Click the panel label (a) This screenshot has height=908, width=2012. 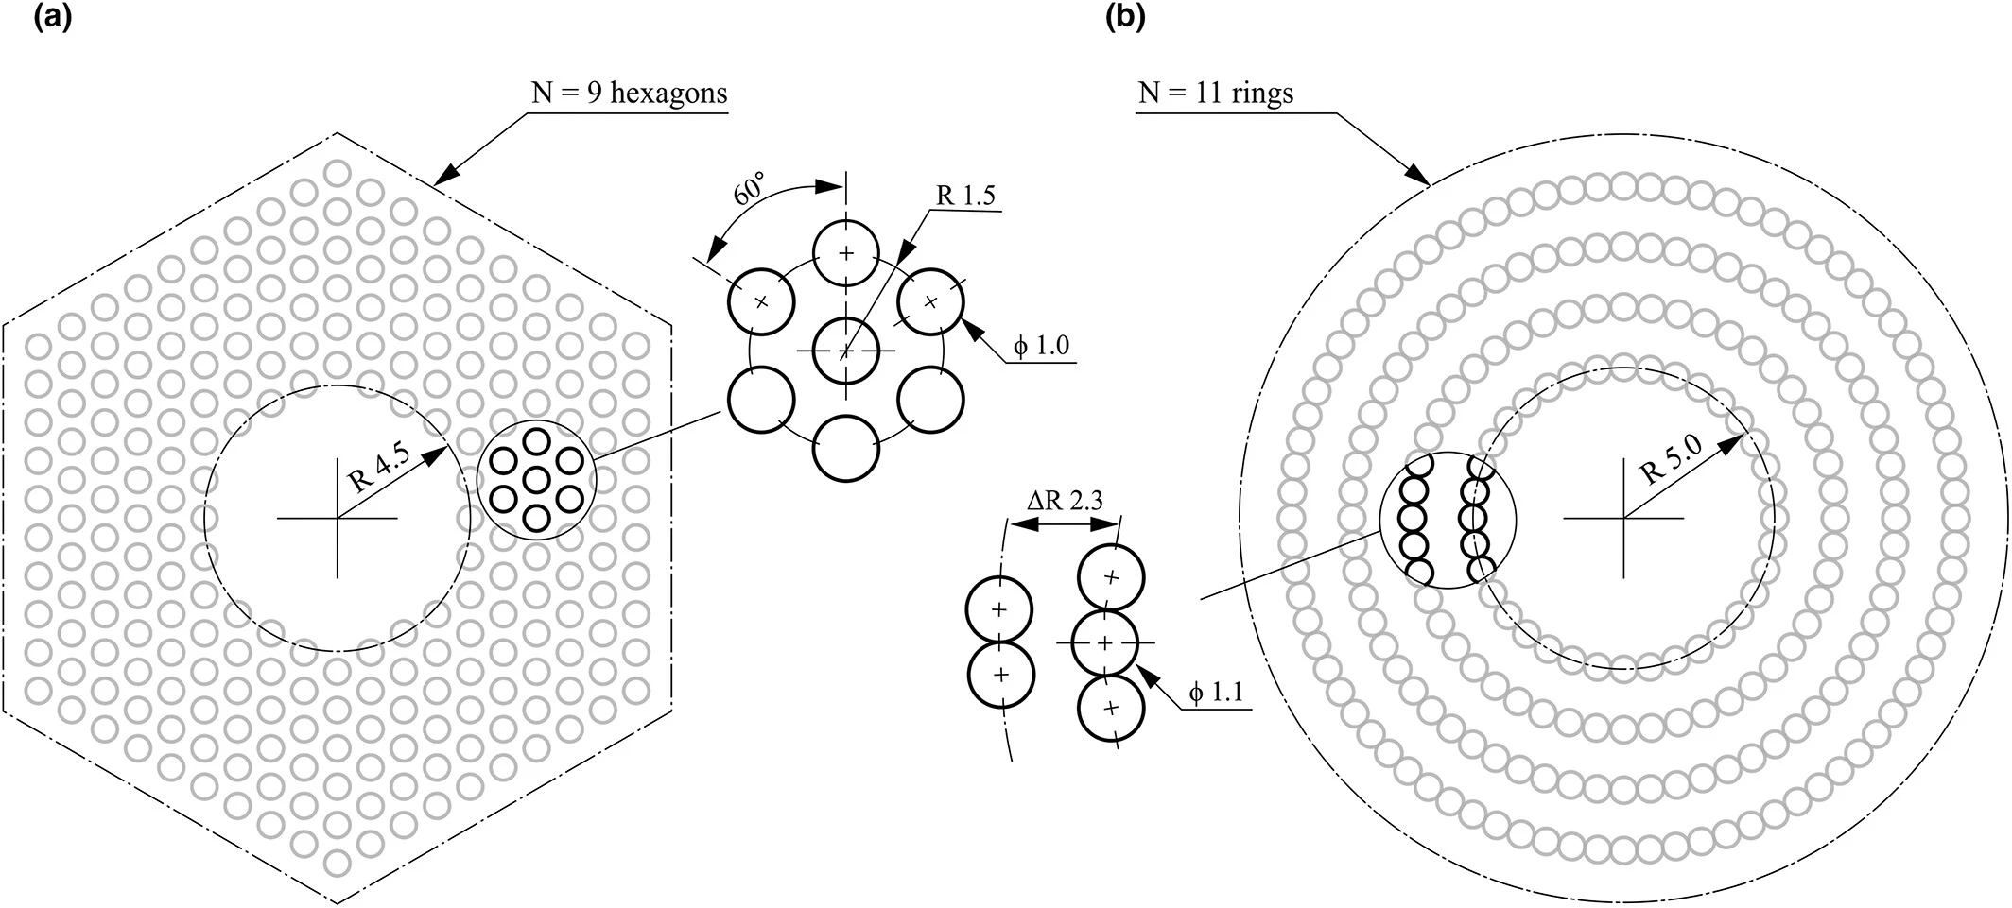coord(53,19)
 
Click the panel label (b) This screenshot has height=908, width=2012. coord(1125,19)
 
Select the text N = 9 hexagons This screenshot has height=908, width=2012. coord(629,93)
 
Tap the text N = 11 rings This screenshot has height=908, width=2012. coord(1216,93)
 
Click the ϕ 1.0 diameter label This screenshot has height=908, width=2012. coord(1040,346)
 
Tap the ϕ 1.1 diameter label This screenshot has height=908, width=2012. coord(1216,694)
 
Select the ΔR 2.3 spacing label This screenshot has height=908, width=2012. coord(1066,501)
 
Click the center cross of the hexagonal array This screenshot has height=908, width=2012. coord(338,518)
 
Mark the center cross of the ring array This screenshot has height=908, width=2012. coord(1623,518)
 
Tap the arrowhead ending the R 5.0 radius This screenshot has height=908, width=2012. coord(1738,441)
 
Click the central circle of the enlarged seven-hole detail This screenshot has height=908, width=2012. coord(845,351)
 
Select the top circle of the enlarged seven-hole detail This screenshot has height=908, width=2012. coord(845,252)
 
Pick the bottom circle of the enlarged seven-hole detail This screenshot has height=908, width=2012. coord(845,449)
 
